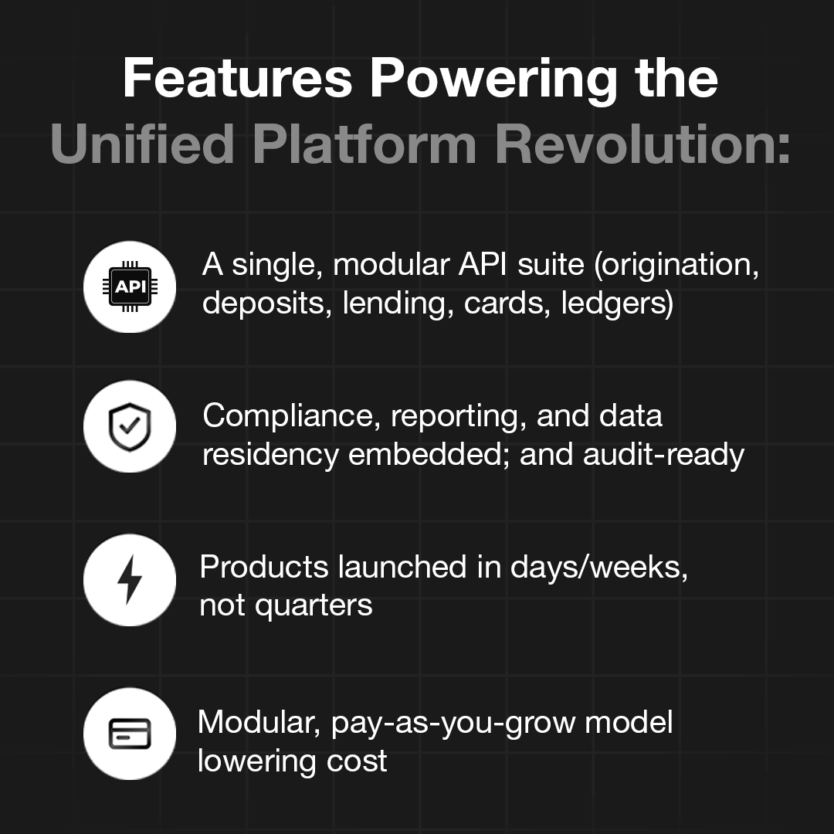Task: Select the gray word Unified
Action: point(143,144)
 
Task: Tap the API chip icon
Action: point(130,287)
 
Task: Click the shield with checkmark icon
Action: point(130,426)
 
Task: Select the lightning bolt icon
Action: point(130,580)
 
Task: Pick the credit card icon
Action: point(130,734)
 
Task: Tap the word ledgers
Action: point(617,303)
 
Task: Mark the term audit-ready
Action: point(663,455)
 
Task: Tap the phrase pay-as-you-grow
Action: point(454,724)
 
